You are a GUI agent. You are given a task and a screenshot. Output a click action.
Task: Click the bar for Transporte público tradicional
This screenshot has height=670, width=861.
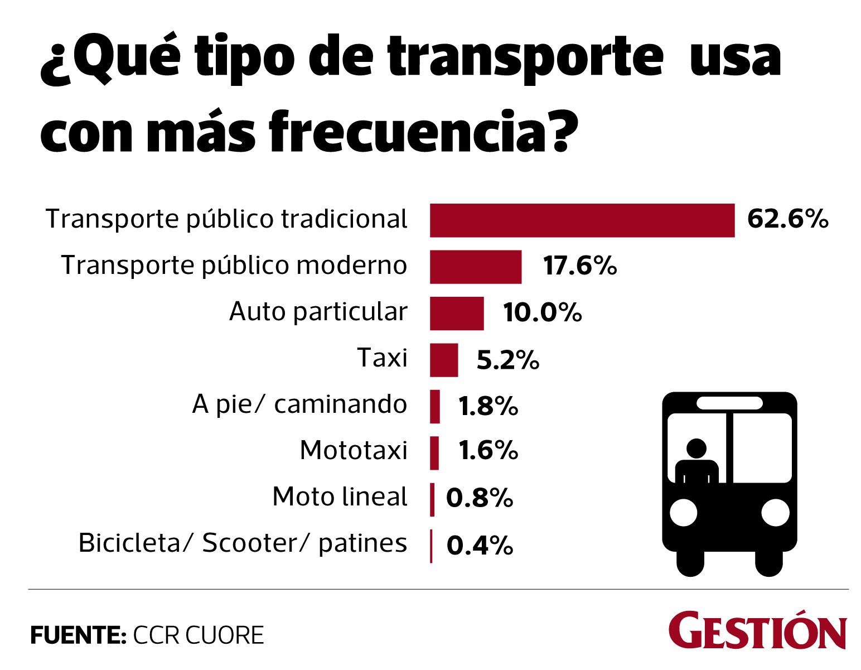pos(582,220)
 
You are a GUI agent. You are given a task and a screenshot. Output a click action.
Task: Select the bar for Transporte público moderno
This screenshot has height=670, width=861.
pos(475,267)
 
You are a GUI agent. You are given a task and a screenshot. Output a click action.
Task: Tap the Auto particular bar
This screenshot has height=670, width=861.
pos(456,313)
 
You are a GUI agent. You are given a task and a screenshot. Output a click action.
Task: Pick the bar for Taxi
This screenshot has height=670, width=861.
pos(443,360)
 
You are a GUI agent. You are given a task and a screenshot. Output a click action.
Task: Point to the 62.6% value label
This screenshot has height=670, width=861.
pos(787,219)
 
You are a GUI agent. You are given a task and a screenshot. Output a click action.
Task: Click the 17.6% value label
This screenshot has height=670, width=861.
pos(580,266)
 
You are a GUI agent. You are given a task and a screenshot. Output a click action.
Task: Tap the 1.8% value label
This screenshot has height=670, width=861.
pos(488,406)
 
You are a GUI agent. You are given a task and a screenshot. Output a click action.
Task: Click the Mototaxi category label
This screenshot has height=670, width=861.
pos(354,450)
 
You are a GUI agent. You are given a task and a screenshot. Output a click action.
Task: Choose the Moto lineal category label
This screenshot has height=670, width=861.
pos(340,497)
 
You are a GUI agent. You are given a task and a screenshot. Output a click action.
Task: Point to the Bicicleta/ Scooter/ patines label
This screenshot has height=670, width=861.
pos(243,543)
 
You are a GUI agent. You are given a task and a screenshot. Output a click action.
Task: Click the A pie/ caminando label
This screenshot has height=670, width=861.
pos(299,404)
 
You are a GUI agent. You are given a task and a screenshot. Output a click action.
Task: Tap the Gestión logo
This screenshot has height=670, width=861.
pos(757,630)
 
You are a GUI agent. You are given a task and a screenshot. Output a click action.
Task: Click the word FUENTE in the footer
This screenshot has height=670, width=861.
pos(78,635)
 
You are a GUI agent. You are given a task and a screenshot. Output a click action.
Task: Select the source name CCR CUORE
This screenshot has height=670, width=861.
pos(198,635)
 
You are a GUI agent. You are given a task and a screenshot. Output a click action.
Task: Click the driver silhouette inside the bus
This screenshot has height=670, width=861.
pos(696,462)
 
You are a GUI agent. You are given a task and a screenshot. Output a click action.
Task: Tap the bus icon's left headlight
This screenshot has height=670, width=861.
pos(683,512)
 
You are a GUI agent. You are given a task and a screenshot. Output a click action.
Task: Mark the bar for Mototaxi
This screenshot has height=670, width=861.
pos(434,452)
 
